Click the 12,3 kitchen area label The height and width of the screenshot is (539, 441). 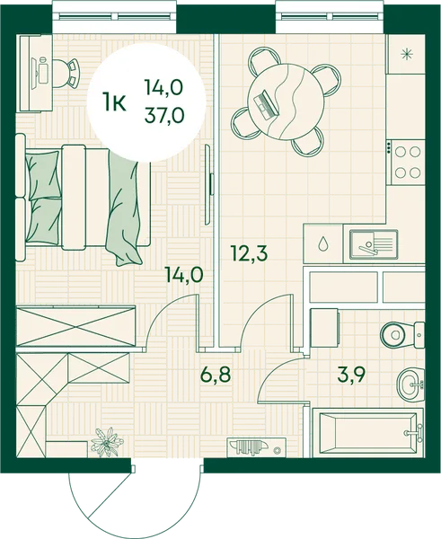tap(250, 253)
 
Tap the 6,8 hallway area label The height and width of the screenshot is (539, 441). tap(216, 375)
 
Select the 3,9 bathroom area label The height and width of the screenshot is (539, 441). tap(351, 375)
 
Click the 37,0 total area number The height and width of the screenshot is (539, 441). tap(164, 114)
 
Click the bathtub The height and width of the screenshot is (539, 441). tap(368, 433)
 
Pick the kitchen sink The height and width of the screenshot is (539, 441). tap(374, 243)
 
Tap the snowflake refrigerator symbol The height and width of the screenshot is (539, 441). tap(407, 55)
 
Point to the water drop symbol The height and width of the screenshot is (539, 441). tap(322, 243)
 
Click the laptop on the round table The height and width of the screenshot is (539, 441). tap(265, 104)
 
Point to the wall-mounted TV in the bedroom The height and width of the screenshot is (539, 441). tap(209, 184)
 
